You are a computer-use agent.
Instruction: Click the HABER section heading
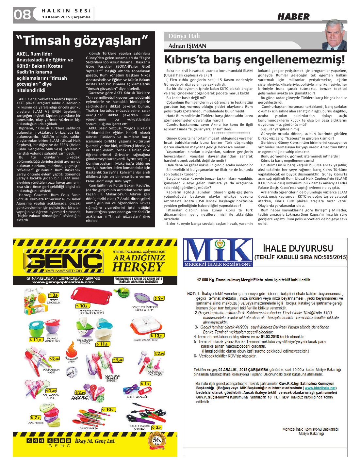coord(293,17)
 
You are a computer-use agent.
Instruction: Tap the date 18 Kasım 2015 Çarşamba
coord(66,17)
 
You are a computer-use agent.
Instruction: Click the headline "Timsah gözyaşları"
coord(82,41)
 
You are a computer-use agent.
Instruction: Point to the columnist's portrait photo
coord(335,34)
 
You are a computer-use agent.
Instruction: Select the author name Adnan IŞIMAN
coord(187,46)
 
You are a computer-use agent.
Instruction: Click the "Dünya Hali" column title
coord(184,36)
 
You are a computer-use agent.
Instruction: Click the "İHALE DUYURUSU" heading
coord(298,248)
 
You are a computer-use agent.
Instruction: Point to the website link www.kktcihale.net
coord(320,388)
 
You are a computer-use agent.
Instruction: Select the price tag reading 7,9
coord(35,418)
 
